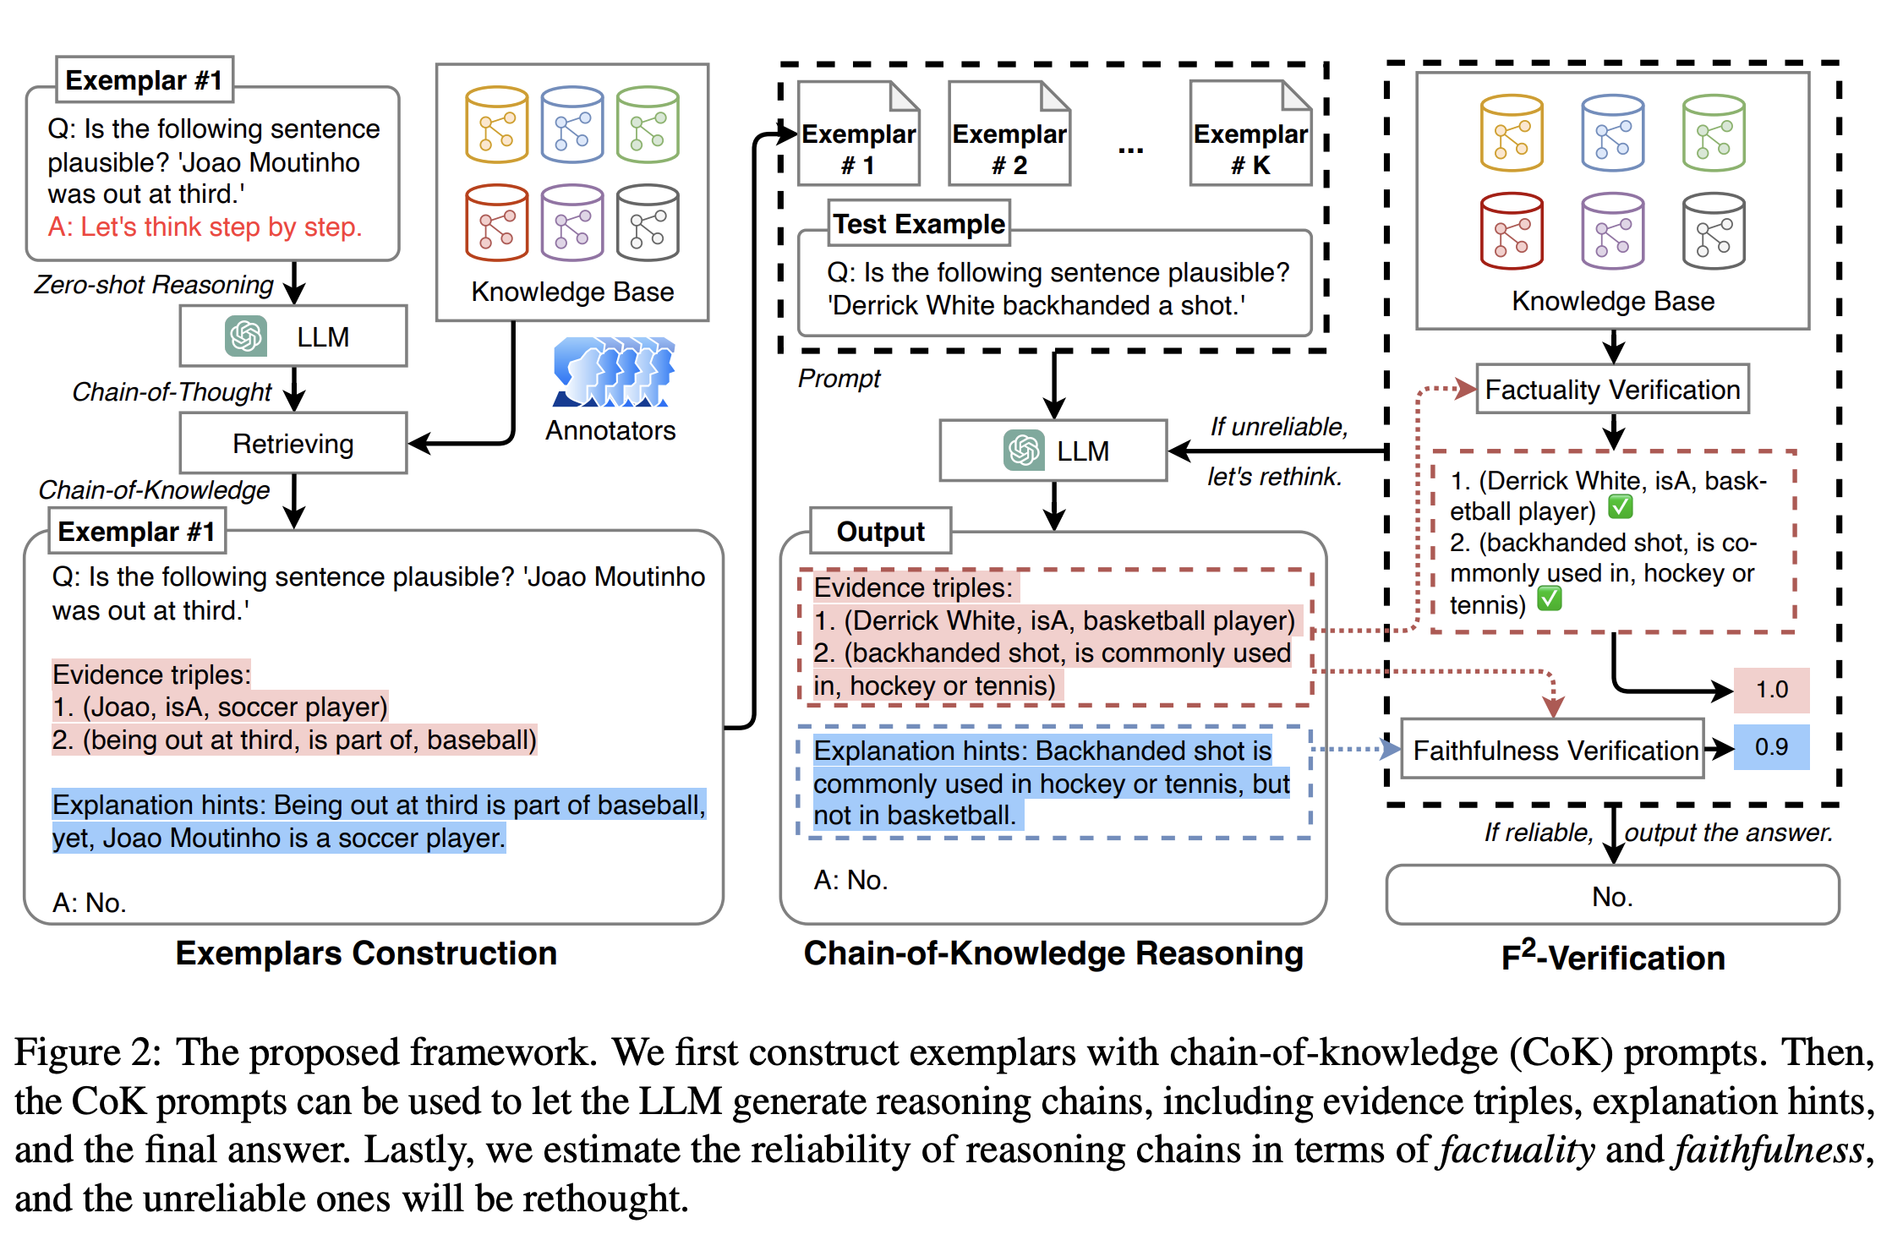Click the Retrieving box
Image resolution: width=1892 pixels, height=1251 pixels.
[x=293, y=443]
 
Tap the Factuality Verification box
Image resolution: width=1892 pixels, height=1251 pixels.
[x=1611, y=390]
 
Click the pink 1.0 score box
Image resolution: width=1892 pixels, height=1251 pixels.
[x=1771, y=690]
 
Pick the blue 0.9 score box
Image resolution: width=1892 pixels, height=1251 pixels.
[x=1771, y=747]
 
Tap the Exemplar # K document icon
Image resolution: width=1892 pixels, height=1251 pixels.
[x=1249, y=134]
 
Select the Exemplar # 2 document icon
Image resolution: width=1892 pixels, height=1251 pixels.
[x=1009, y=134]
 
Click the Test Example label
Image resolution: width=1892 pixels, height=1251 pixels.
[x=918, y=224]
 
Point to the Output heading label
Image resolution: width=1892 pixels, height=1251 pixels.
[x=880, y=532]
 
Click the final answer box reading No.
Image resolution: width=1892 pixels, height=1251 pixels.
[x=1611, y=896]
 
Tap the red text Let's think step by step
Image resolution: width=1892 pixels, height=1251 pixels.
[x=205, y=227]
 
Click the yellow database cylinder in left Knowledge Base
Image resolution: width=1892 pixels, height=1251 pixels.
[x=496, y=125]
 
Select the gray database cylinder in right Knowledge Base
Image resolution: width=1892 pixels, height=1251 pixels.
[x=1713, y=231]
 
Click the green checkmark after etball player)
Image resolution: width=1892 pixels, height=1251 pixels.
[x=1620, y=507]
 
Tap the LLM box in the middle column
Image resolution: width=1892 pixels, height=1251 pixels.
[x=1053, y=451]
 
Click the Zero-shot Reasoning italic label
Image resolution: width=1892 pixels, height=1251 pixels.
[x=154, y=285]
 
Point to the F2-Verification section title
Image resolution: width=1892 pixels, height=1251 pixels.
[x=1611, y=957]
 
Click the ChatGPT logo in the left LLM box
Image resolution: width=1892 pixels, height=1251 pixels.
[x=246, y=336]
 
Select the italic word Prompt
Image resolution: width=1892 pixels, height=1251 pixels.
[x=838, y=379]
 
